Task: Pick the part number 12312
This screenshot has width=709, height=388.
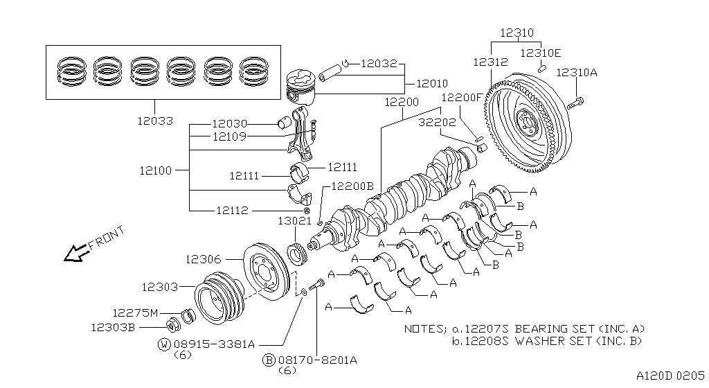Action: [492, 62]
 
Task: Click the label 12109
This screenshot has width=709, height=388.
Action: [229, 136]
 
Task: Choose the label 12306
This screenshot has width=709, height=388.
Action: [204, 260]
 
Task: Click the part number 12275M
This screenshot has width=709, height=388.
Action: [136, 312]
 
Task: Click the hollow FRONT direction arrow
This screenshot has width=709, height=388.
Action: [73, 254]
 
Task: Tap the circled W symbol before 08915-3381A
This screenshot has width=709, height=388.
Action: [163, 344]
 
